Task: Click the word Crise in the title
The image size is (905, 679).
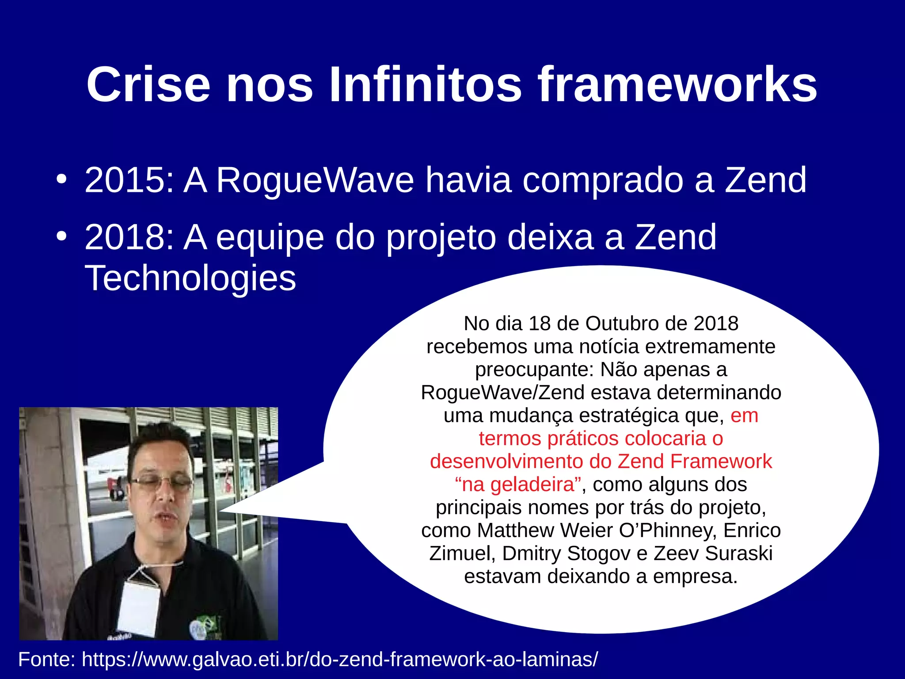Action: point(148,85)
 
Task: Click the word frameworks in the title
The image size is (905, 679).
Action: point(677,85)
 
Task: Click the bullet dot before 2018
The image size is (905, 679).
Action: point(61,236)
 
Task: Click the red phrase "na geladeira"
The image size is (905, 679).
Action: point(517,484)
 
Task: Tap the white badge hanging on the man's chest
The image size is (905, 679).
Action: point(138,608)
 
